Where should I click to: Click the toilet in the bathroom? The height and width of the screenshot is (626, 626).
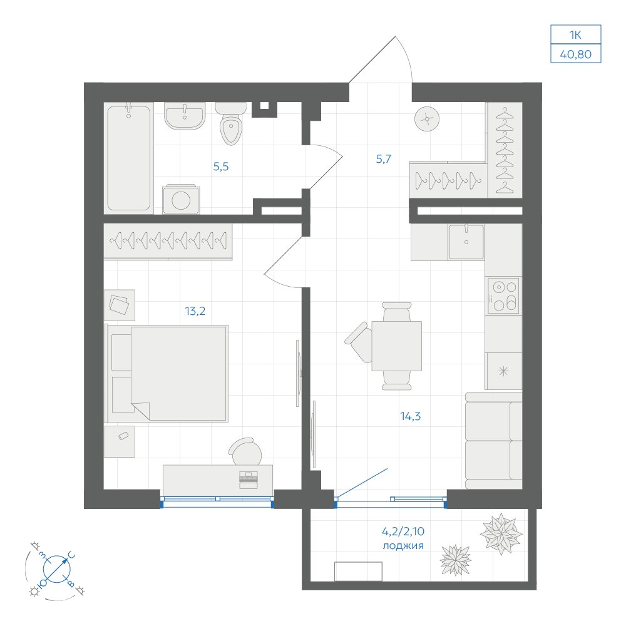point(230,125)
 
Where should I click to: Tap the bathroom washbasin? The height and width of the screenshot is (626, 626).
point(185,116)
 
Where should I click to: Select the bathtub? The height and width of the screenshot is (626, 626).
point(128,158)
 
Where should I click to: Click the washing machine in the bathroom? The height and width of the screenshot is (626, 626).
point(181,199)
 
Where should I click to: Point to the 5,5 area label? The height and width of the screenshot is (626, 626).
point(221,167)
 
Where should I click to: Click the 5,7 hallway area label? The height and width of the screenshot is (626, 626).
point(383,159)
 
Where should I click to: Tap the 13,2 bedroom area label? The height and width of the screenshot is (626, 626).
point(195,310)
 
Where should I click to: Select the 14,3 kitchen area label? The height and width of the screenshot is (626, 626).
point(411,416)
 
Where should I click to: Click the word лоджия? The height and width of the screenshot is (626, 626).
point(403,546)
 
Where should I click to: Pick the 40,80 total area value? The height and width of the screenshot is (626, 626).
point(576,54)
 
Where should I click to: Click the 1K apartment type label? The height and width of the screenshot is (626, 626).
point(575,35)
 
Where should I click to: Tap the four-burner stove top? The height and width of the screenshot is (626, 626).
point(503,296)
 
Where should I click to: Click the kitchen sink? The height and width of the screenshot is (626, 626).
point(466,242)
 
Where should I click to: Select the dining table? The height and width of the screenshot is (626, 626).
point(396,346)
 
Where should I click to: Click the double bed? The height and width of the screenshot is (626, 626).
point(166,373)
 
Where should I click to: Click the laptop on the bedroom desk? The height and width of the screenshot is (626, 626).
point(249,480)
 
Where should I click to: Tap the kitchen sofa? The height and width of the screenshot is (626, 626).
point(493,440)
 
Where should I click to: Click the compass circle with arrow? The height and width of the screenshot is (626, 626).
point(57,569)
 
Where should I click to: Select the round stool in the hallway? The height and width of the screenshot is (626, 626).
point(427,119)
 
